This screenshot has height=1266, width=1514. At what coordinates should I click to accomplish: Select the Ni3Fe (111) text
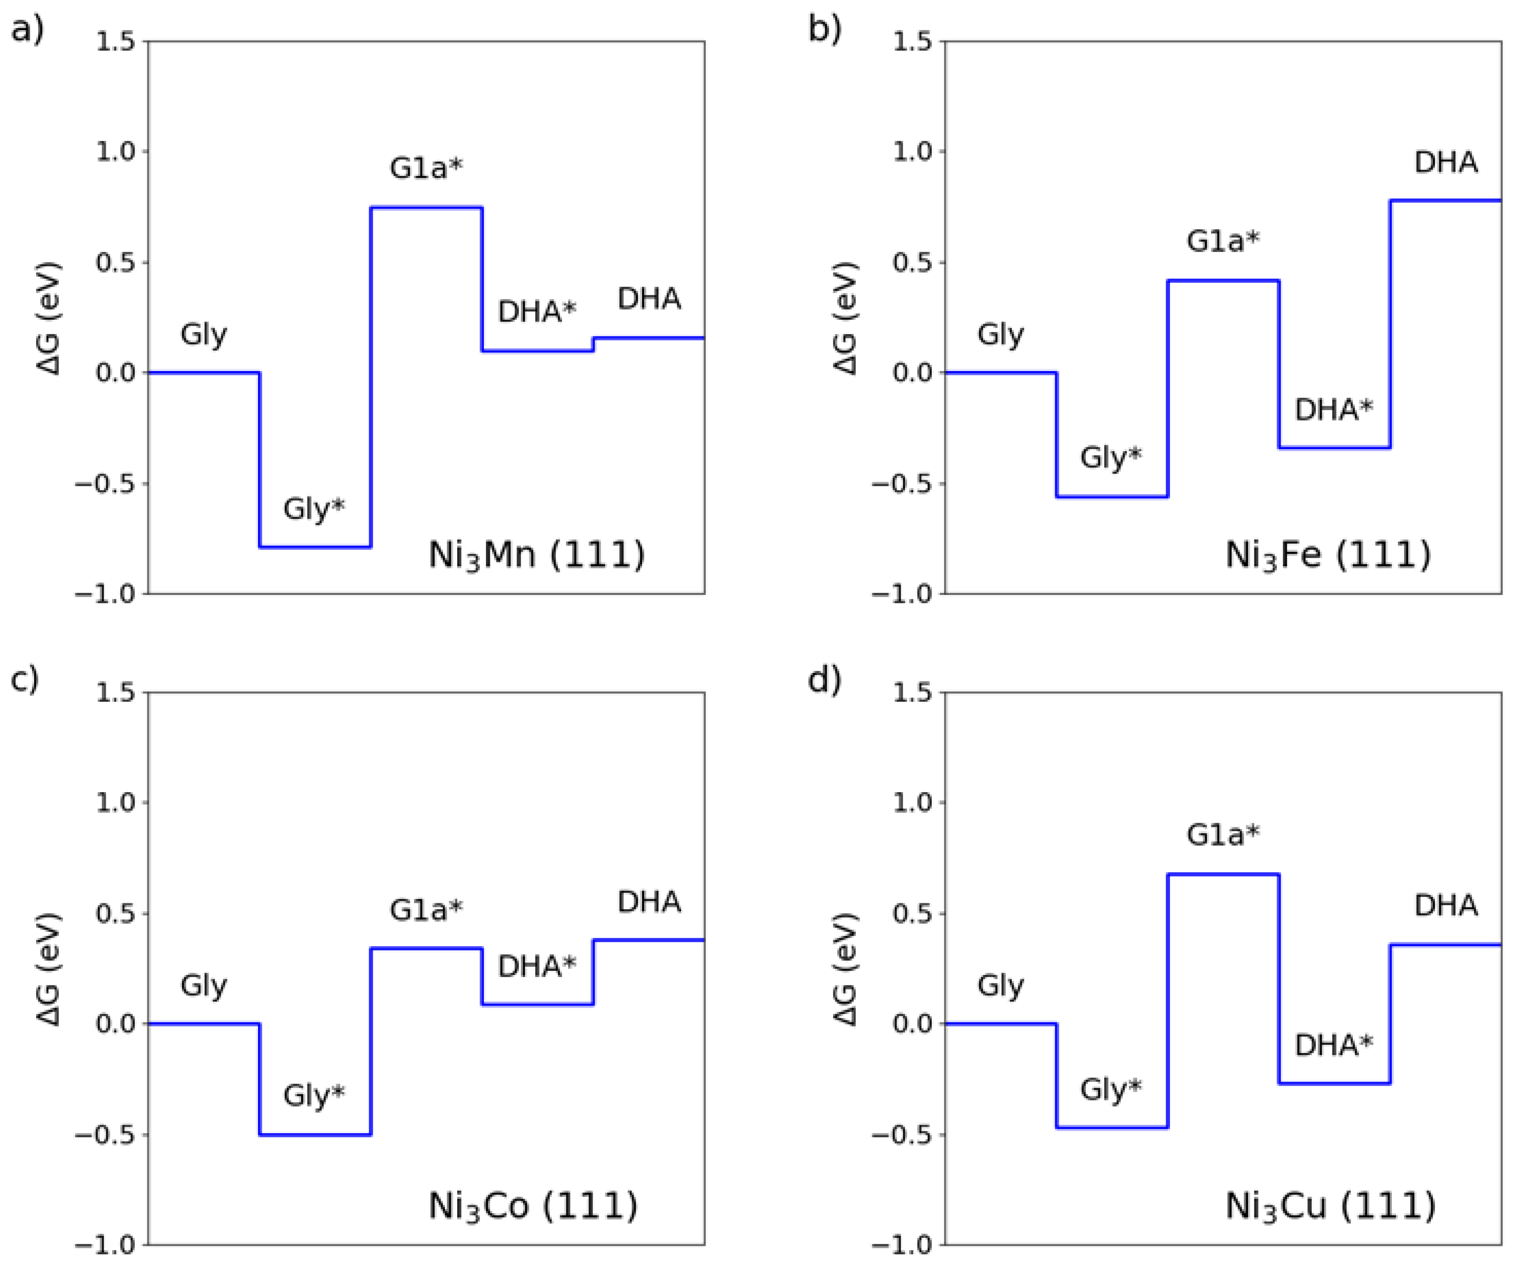(x=1328, y=555)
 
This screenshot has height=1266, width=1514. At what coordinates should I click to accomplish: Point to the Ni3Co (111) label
(x=533, y=1206)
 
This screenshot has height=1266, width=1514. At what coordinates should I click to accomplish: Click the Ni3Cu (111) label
(x=1330, y=1206)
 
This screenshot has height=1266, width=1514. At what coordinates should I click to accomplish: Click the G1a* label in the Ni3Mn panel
(x=426, y=168)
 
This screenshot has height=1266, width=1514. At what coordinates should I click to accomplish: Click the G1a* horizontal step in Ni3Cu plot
(x=1223, y=875)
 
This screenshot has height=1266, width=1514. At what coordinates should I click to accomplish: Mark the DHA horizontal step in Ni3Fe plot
(x=1445, y=200)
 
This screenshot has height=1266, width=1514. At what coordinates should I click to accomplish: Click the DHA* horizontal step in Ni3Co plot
(x=538, y=1004)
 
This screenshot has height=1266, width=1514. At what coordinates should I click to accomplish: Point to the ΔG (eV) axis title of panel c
(x=49, y=969)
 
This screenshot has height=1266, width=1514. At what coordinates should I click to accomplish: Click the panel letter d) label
(x=824, y=679)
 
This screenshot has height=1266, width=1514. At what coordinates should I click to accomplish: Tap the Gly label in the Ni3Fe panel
(x=1000, y=335)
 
